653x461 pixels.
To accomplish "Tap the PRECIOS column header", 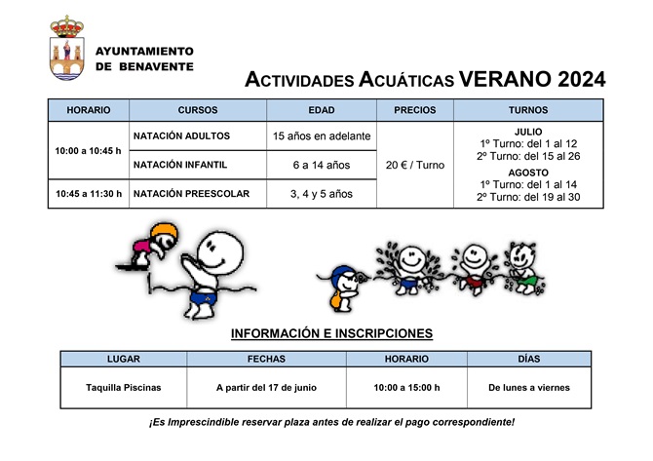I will (414, 110).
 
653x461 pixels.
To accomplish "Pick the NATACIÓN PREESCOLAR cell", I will (191, 194).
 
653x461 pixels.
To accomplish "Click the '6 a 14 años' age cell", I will (321, 165).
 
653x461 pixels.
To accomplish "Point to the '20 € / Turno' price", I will (414, 165).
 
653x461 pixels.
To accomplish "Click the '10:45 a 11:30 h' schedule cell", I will (89, 194).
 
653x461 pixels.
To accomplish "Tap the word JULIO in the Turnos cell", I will (527, 132).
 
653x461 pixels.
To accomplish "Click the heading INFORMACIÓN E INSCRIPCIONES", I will (331, 333).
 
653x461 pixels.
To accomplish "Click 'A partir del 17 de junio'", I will (266, 387).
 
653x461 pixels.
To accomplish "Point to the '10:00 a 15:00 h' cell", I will (406, 387).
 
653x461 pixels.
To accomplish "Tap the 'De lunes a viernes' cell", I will (528, 387).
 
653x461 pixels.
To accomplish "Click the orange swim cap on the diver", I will (163, 232).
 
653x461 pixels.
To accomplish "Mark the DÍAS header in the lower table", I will (528, 359).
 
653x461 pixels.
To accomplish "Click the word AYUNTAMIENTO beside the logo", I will (144, 51).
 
